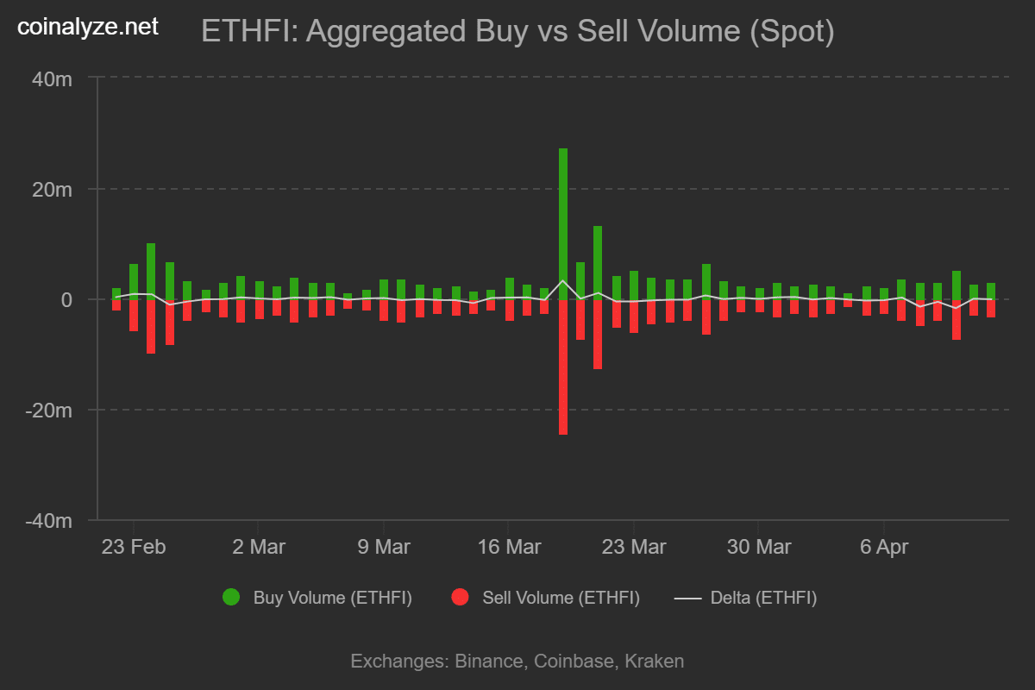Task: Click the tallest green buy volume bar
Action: (563, 224)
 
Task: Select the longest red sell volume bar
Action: (563, 367)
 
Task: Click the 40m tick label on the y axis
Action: (51, 78)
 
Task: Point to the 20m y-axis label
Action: (51, 189)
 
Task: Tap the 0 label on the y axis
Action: (66, 299)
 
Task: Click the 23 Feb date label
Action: (134, 547)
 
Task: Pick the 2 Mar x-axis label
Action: (259, 547)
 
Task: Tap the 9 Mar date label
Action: (384, 547)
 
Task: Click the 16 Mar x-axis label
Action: (509, 547)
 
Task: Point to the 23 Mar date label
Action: (634, 547)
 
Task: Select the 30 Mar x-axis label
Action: (759, 547)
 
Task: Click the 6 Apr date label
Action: (884, 547)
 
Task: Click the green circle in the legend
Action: (231, 597)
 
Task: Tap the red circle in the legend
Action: (460, 597)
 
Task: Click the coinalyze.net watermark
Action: (88, 27)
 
